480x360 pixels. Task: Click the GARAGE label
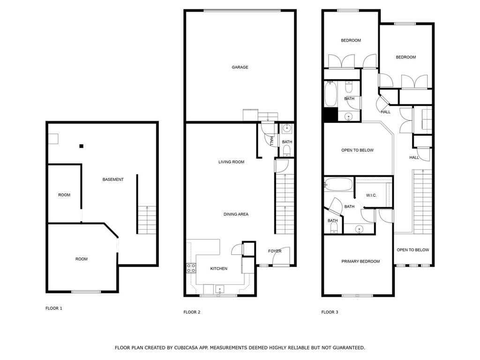click(x=240, y=67)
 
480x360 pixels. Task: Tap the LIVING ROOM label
click(x=231, y=162)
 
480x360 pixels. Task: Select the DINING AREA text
click(x=236, y=214)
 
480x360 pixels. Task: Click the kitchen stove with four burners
click(x=191, y=268)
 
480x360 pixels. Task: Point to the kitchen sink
click(x=219, y=289)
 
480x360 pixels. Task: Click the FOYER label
click(x=275, y=251)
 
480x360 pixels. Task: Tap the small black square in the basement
click(x=81, y=146)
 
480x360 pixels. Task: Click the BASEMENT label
click(x=113, y=180)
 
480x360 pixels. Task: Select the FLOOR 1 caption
click(x=54, y=308)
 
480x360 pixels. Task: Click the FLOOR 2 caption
click(x=192, y=312)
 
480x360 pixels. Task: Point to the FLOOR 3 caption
click(x=330, y=312)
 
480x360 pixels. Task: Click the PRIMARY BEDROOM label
click(x=360, y=262)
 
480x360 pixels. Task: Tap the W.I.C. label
click(x=371, y=195)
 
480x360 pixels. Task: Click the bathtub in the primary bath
click(x=338, y=185)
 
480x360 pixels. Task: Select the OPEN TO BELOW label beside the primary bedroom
click(x=412, y=250)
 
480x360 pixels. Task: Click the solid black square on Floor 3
click(x=330, y=115)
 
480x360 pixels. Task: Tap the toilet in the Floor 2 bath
click(x=286, y=150)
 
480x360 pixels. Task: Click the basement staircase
click(x=147, y=220)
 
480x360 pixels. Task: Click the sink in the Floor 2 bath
click(x=287, y=128)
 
